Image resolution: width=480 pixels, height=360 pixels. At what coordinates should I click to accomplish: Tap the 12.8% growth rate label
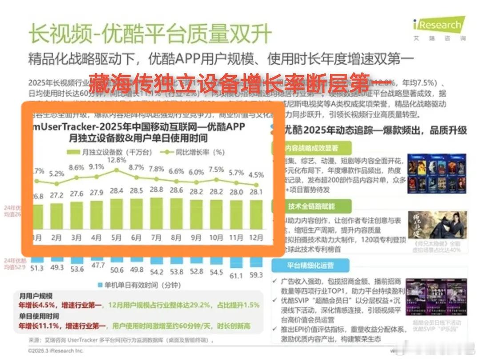click(x=116, y=160)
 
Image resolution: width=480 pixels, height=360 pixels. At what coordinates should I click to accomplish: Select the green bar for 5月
click(x=116, y=213)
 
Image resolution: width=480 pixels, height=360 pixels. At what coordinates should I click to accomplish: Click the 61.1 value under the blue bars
click(x=236, y=276)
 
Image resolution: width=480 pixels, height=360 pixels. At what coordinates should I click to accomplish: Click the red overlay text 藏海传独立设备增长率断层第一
click(x=238, y=81)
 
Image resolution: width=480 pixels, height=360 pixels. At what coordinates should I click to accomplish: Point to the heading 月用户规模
click(x=36, y=296)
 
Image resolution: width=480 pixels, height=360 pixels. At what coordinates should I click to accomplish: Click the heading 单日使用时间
click(x=39, y=316)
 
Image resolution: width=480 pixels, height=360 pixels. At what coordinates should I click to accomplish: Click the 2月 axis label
click(x=56, y=237)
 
